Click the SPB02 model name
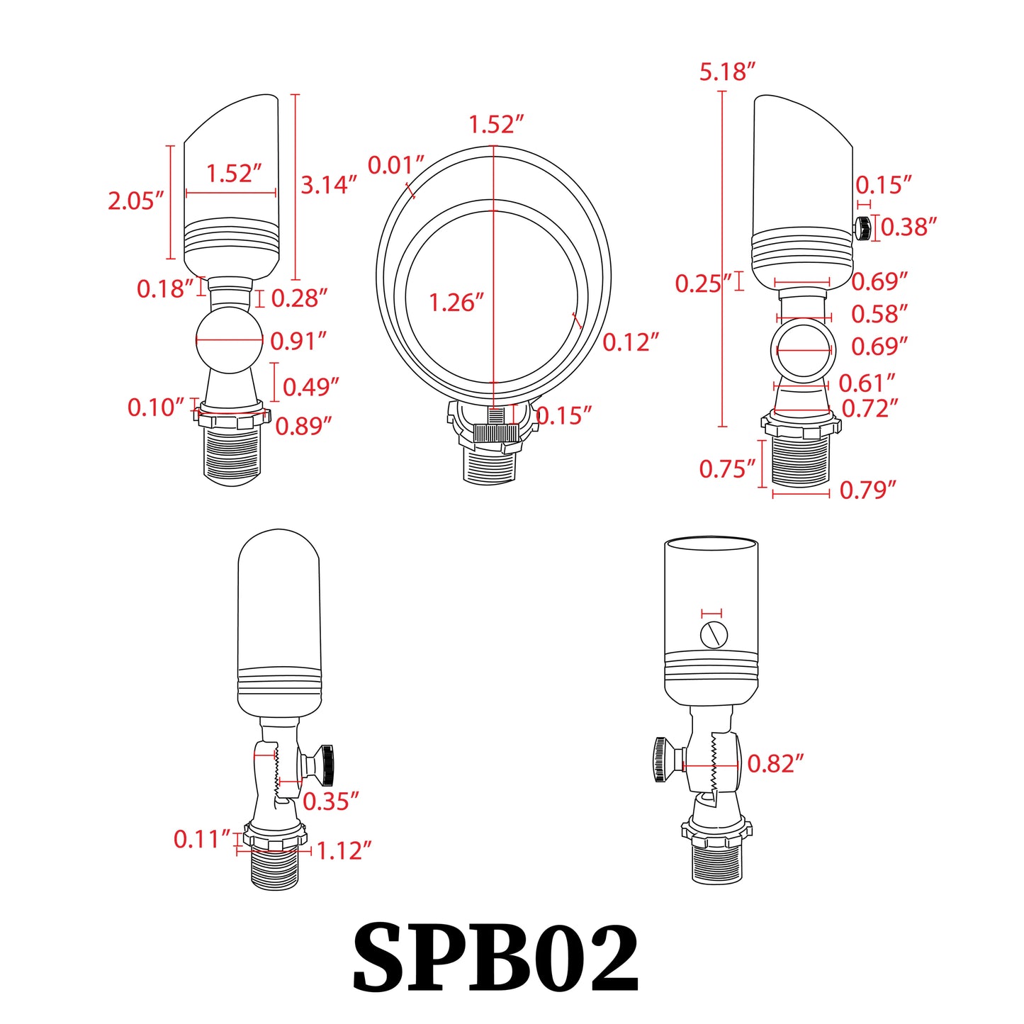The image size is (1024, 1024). coord(495,959)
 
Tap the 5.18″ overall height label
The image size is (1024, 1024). coord(727,72)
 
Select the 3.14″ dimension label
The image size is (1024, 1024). coord(328,185)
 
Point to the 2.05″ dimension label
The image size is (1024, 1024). coord(135,201)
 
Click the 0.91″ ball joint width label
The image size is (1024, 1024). coord(298,342)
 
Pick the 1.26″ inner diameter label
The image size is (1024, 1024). coord(456,303)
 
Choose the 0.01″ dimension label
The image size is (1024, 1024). coord(395,165)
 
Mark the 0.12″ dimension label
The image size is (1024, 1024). coord(630,343)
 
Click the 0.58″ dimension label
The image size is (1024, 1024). coord(879,314)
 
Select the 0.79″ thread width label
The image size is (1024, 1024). coord(867,490)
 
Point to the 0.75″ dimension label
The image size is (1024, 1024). coord(727,469)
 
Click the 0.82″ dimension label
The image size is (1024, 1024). coord(775,764)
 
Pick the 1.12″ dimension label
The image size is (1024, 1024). coord(343,851)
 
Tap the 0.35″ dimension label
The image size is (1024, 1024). coord(330,801)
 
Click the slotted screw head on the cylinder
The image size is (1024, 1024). coord(714,634)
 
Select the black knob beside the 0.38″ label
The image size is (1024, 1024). coord(862,228)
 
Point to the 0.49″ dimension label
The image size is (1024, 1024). coord(310,388)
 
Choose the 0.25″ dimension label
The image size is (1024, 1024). coord(702,284)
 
